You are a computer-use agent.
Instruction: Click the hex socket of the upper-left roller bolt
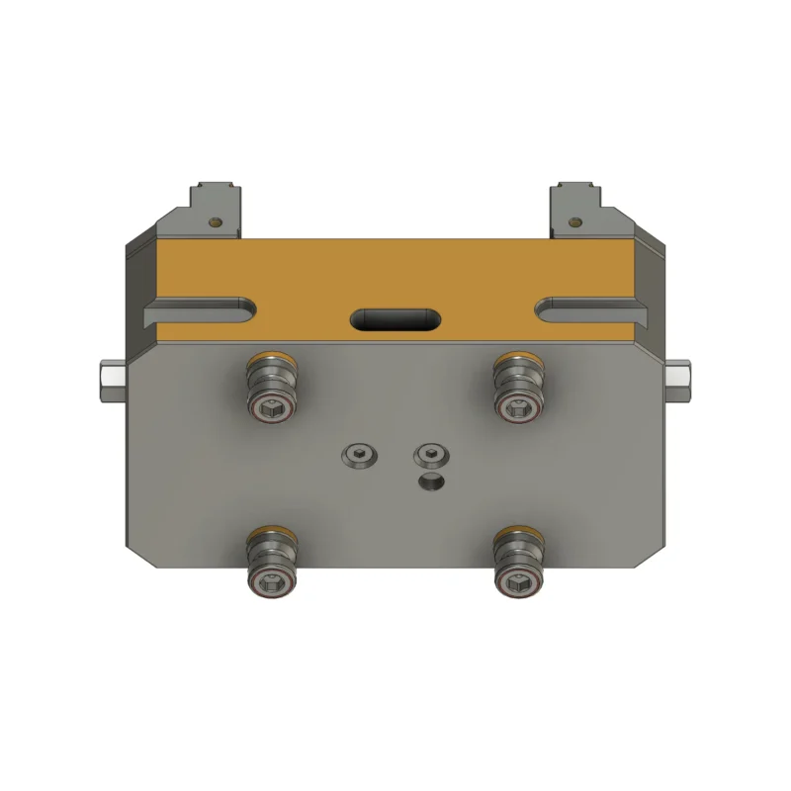[x=270, y=406]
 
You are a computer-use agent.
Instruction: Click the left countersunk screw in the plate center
[x=360, y=456]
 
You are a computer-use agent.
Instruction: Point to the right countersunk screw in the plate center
[x=431, y=456]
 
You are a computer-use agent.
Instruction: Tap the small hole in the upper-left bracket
[x=216, y=221]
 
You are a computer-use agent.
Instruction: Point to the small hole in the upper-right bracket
[x=575, y=221]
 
